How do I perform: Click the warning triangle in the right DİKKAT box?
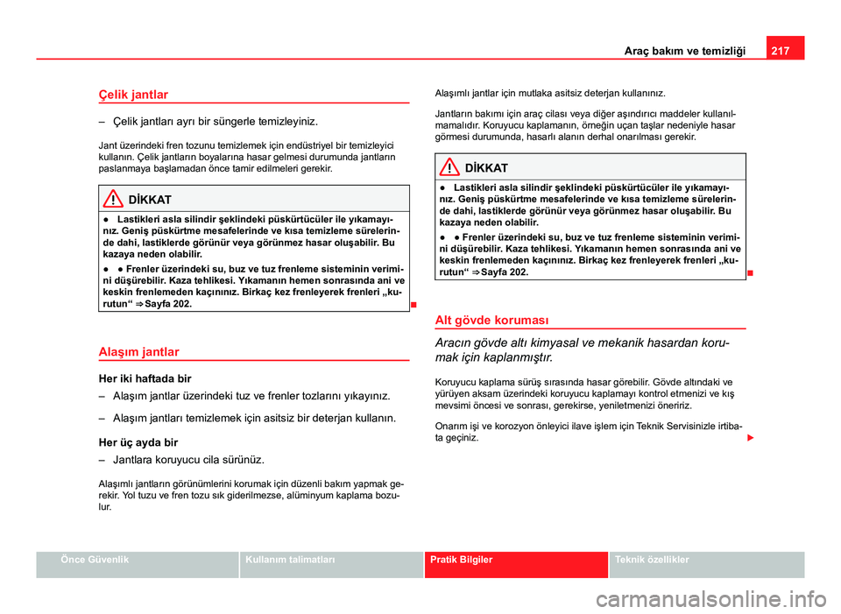(451, 167)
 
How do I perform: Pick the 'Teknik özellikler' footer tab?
(653, 560)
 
